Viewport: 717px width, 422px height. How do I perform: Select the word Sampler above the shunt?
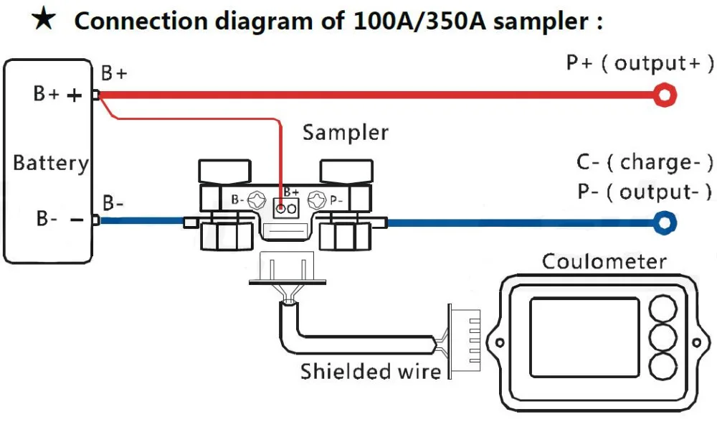pos(345,133)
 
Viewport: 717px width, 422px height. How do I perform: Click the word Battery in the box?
pos(51,163)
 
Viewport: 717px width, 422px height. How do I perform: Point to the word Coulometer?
pos(604,261)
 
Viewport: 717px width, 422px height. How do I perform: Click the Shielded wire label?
pos(370,372)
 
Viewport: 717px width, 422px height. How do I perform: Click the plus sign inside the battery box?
pos(75,95)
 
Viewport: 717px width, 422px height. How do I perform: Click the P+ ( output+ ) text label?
pos(640,63)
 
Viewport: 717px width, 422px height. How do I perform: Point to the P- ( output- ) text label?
pos(645,192)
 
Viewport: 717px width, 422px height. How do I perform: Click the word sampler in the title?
pos(537,22)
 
